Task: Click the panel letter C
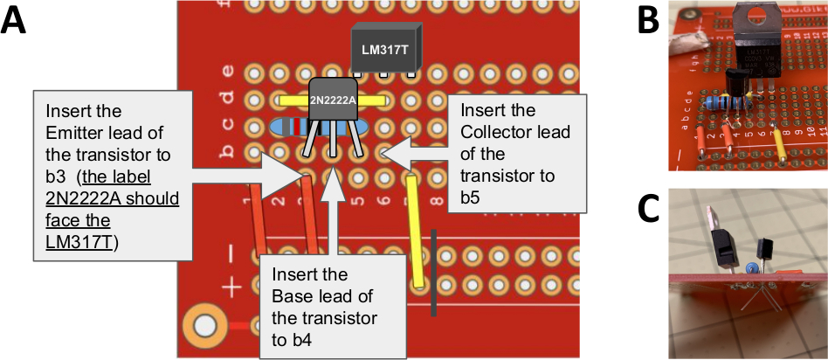[649, 209]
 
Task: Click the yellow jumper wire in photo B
[779, 139]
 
